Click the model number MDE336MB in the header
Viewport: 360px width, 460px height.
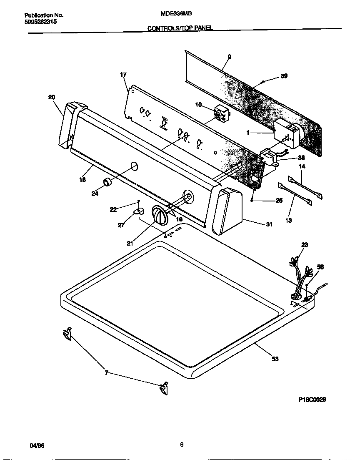tap(176, 13)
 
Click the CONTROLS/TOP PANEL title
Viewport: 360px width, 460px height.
tap(180, 28)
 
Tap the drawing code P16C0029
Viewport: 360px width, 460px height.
tap(312, 399)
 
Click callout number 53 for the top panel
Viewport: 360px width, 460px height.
tap(275, 359)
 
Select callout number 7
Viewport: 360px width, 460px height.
tap(107, 373)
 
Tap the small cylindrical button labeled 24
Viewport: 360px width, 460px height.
tap(108, 182)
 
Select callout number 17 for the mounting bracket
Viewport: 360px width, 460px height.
tap(123, 75)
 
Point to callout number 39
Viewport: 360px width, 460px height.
tap(284, 76)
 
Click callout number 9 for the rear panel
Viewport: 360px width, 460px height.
tap(229, 57)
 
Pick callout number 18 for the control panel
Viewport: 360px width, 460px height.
tap(82, 180)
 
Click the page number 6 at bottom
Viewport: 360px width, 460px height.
tap(182, 445)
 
